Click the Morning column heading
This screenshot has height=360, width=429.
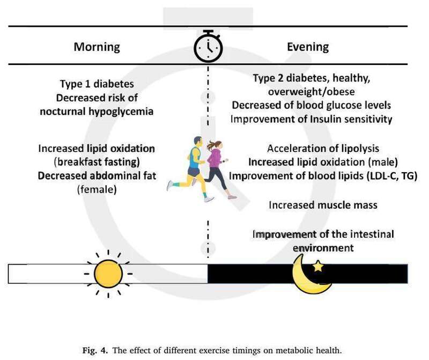(x=97, y=47)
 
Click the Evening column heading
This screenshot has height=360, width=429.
(x=308, y=47)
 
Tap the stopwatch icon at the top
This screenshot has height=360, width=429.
(x=208, y=46)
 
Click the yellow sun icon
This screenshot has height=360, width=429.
(x=108, y=274)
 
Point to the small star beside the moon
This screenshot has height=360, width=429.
(x=318, y=266)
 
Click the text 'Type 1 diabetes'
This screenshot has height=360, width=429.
(x=97, y=84)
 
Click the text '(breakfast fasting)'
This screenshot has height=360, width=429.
(x=97, y=162)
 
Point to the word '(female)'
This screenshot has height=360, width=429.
(x=97, y=189)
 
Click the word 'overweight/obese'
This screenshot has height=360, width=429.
(x=312, y=92)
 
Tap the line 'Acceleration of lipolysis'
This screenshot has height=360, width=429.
(x=323, y=149)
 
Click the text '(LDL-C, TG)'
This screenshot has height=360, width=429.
(x=392, y=176)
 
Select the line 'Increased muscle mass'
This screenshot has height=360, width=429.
(x=323, y=205)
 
